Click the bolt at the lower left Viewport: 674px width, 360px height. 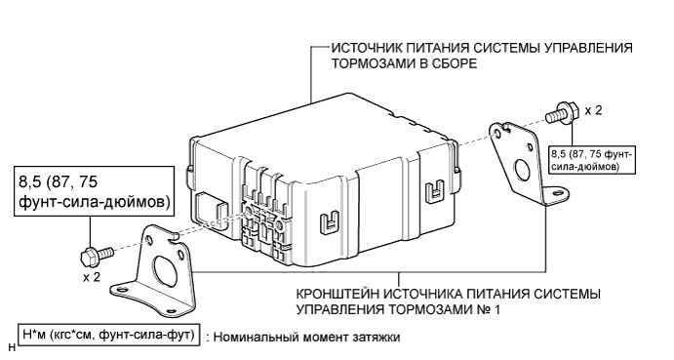pyautogui.click(x=97, y=255)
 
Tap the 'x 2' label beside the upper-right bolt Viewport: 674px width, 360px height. pyautogui.click(x=594, y=110)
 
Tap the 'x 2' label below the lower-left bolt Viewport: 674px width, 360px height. pyautogui.click(x=92, y=277)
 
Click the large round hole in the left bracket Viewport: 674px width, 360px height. pyautogui.click(x=164, y=272)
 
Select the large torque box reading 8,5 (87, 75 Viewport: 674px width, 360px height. pyautogui.click(x=95, y=190)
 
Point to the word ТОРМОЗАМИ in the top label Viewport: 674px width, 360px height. pyautogui.click(x=370, y=63)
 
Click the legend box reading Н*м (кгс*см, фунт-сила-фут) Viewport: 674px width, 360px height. pyautogui.click(x=108, y=335)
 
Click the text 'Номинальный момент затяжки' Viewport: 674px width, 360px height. pyautogui.click(x=306, y=338)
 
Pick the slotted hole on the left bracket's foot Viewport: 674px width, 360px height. pyautogui.click(x=120, y=290)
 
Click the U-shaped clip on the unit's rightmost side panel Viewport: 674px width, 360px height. pyautogui.click(x=435, y=191)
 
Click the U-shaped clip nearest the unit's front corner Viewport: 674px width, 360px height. pyautogui.click(x=330, y=222)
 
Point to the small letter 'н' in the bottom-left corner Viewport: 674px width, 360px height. pyautogui.click(x=12, y=347)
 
